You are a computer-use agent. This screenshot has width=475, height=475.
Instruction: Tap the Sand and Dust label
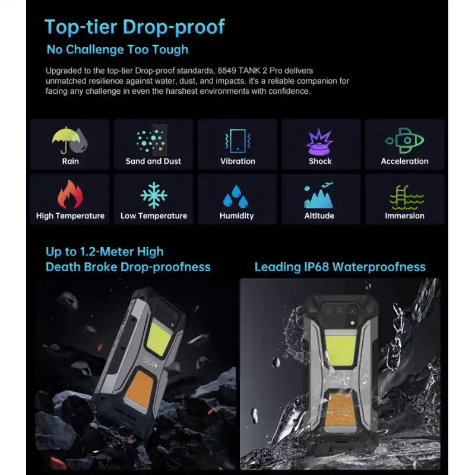[153, 161]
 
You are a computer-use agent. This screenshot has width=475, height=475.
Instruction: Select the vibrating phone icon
[238, 141]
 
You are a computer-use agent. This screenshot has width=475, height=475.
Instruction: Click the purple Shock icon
[319, 141]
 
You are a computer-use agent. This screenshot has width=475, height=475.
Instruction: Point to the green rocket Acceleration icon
[404, 141]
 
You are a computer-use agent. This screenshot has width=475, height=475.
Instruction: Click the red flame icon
[70, 194]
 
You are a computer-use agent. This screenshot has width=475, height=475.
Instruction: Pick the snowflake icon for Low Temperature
[154, 195]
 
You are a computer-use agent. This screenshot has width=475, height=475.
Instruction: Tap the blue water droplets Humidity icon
[236, 197]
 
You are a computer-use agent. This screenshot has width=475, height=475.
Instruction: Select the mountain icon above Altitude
[319, 195]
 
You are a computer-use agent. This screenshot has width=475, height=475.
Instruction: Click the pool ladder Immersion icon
[407, 198]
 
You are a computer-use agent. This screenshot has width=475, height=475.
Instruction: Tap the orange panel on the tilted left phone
[140, 390]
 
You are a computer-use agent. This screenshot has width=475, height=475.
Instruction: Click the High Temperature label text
[70, 216]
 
